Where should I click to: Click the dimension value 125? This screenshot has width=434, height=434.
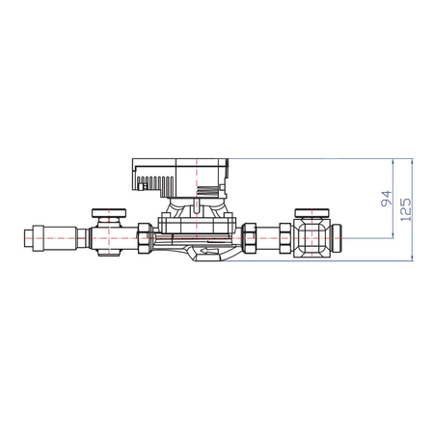[407, 207]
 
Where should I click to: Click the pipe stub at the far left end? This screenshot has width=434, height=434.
[28, 235]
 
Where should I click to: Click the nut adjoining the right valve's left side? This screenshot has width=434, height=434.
[286, 237]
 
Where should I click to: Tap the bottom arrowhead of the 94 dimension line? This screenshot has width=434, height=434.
[393, 235]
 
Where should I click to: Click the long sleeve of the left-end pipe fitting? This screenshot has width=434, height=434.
[58, 235]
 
